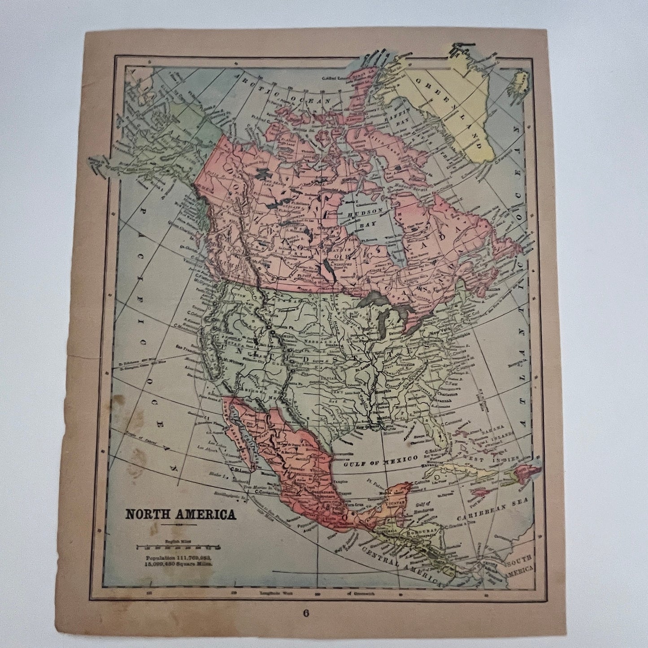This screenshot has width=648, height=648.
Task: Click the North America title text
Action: [180, 514]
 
